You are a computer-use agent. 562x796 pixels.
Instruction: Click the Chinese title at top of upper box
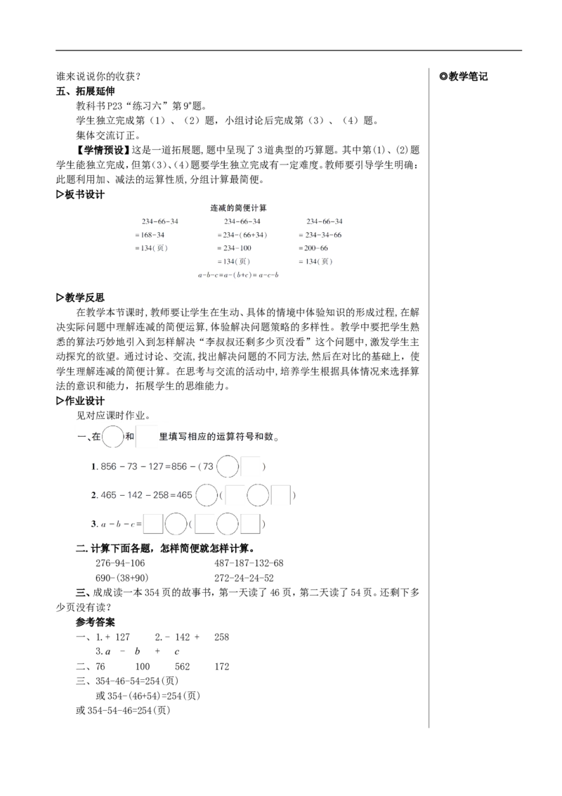coord(239,208)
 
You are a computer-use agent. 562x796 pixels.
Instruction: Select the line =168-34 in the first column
coord(152,235)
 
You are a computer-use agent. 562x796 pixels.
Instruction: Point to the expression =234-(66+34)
coord(242,235)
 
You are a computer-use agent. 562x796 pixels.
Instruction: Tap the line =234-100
coord(235,248)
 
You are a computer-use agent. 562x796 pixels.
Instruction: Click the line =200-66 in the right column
coord(315,248)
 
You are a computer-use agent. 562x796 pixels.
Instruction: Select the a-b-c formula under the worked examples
coord(239,275)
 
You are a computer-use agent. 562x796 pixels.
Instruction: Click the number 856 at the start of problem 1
coord(110,466)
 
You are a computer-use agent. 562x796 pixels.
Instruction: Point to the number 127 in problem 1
coord(156,466)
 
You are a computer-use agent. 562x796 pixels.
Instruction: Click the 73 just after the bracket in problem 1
coord(206,466)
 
